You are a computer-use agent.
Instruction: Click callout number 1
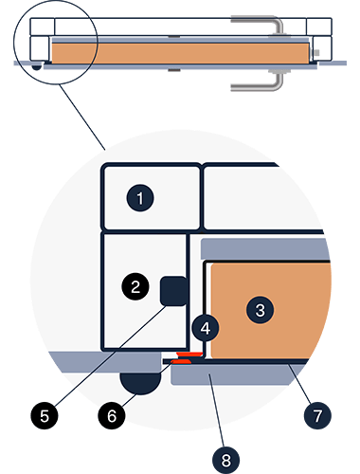(x=140, y=198)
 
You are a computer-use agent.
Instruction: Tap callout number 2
(x=135, y=286)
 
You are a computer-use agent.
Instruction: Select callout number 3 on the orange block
(x=260, y=310)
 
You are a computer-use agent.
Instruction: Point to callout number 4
(x=206, y=328)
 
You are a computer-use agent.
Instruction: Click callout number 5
(x=45, y=415)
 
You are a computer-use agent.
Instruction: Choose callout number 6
(x=112, y=415)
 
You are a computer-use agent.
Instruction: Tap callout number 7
(x=317, y=415)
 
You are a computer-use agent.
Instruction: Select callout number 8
(x=225, y=460)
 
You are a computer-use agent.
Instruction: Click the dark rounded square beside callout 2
(x=174, y=291)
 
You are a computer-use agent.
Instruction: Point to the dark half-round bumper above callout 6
(x=140, y=383)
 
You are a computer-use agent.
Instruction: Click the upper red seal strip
(x=189, y=354)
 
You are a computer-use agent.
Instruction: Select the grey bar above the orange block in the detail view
(x=265, y=249)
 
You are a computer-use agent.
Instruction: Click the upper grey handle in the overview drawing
(x=258, y=25)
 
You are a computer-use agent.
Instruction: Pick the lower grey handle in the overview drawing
(x=258, y=82)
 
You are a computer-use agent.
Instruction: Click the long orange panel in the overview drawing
(x=180, y=53)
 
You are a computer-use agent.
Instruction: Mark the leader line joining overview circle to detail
(x=82, y=117)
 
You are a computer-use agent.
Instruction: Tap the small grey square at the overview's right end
(x=317, y=53)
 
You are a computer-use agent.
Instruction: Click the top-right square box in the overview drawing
(x=319, y=27)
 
